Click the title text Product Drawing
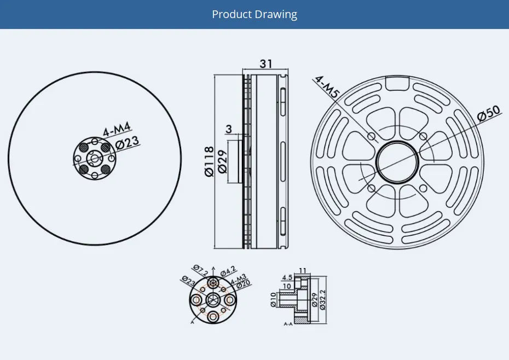(255, 14)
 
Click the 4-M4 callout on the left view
(117, 131)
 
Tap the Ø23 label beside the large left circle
(128, 144)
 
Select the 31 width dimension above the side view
(265, 63)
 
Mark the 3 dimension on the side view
(229, 129)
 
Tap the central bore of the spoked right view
(398, 162)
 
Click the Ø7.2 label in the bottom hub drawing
(200, 270)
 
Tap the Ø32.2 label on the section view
(322, 300)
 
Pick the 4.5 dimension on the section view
(287, 278)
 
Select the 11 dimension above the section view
(303, 270)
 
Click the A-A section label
(288, 324)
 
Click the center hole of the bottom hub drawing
(213, 298)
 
